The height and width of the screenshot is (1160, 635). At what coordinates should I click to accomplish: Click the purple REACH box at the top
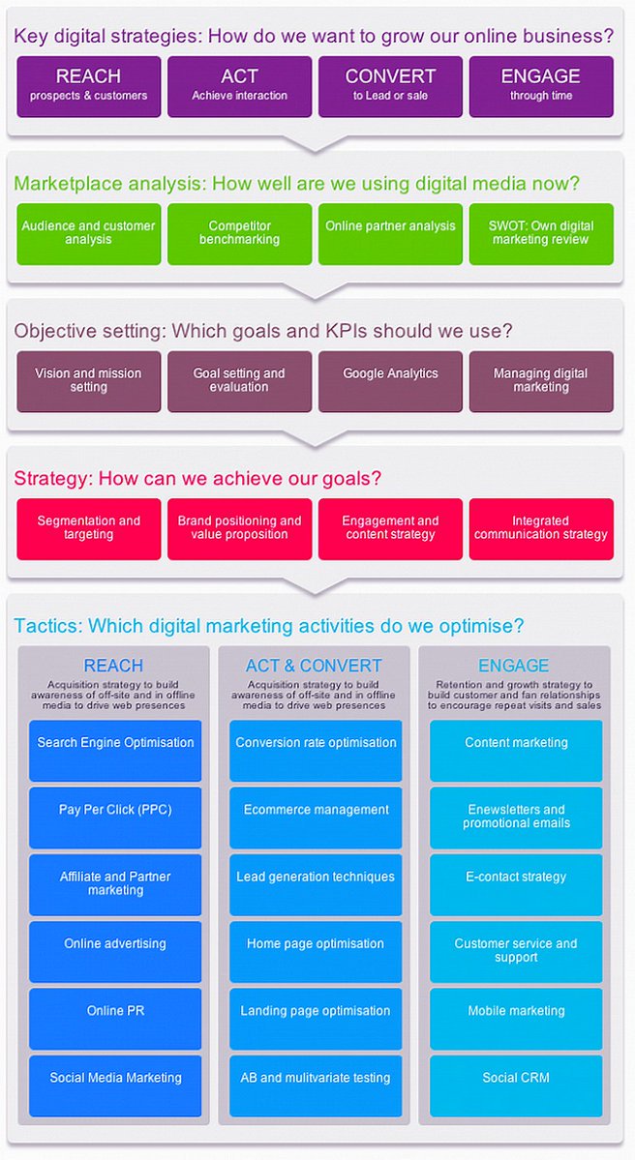89,85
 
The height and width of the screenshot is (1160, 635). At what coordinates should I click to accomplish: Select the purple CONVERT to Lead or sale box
390,85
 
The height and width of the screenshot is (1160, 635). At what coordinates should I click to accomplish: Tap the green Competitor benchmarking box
240,233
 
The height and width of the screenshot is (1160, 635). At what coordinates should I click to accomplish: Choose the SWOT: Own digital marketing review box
541,233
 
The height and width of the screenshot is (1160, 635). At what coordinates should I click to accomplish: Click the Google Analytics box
390,381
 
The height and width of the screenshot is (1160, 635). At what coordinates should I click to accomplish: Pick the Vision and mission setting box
89,381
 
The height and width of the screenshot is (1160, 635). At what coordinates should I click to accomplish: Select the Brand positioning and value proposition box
240,528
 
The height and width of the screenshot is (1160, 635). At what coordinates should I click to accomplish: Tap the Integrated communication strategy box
541,528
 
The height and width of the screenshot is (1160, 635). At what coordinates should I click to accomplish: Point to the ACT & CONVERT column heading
315,666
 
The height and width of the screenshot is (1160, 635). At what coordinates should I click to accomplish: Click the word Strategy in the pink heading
47,478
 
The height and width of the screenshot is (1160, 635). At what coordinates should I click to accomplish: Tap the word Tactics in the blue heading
45,626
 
